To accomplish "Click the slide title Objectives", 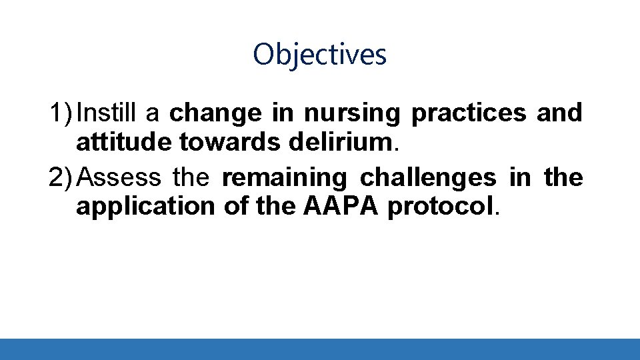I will (320, 54).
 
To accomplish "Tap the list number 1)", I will (61, 113).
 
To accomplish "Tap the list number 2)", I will (61, 178).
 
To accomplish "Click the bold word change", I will (215, 113).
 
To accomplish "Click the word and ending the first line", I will (559, 113).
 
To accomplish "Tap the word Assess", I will (123, 178).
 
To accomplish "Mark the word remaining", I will (284, 178).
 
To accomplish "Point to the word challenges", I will (428, 178).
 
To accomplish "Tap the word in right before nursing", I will (283, 113).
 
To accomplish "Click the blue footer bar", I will (320, 349).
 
